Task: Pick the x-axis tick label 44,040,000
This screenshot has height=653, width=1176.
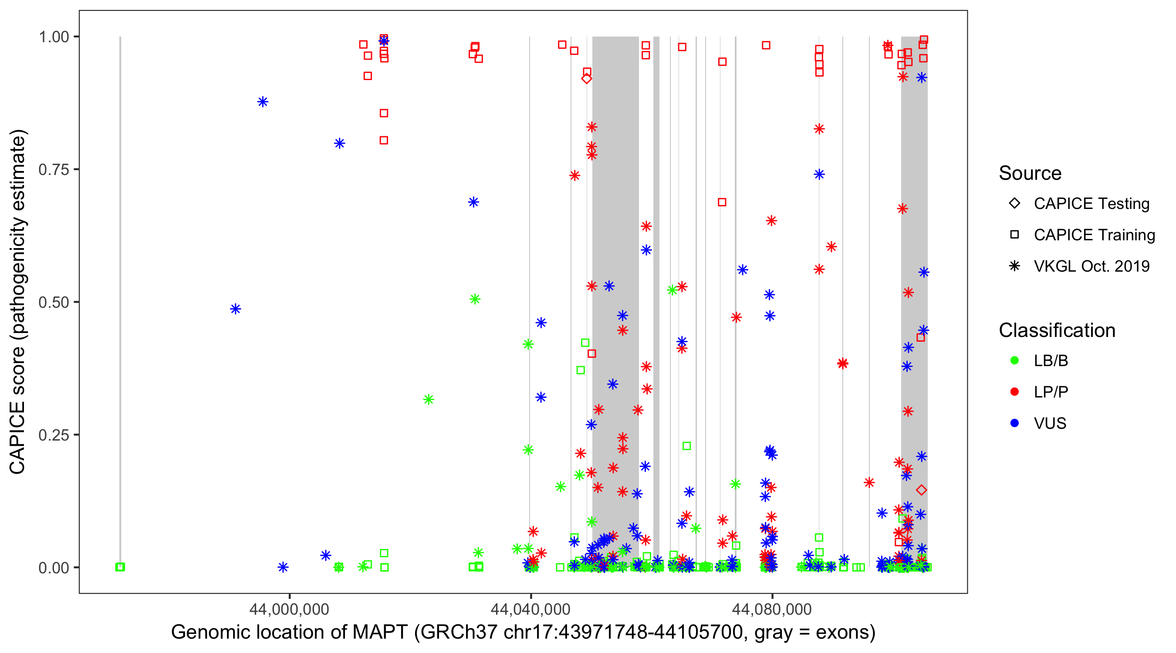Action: (x=531, y=609)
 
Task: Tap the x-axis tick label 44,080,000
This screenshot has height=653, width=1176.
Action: (x=772, y=609)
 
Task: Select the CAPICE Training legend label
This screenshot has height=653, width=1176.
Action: (x=1094, y=235)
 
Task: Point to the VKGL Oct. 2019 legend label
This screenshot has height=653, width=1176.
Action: (x=1092, y=266)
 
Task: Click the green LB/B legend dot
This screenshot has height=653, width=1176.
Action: (x=1014, y=360)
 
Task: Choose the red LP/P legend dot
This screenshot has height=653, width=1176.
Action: (x=1014, y=392)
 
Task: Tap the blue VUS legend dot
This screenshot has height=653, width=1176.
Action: (x=1014, y=424)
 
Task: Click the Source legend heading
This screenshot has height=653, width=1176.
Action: (x=1030, y=173)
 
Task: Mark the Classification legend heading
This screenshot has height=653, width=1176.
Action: (x=1057, y=330)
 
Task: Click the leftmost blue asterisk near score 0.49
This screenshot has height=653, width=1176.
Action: (x=235, y=310)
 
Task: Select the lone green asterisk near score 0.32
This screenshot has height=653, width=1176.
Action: (x=428, y=400)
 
